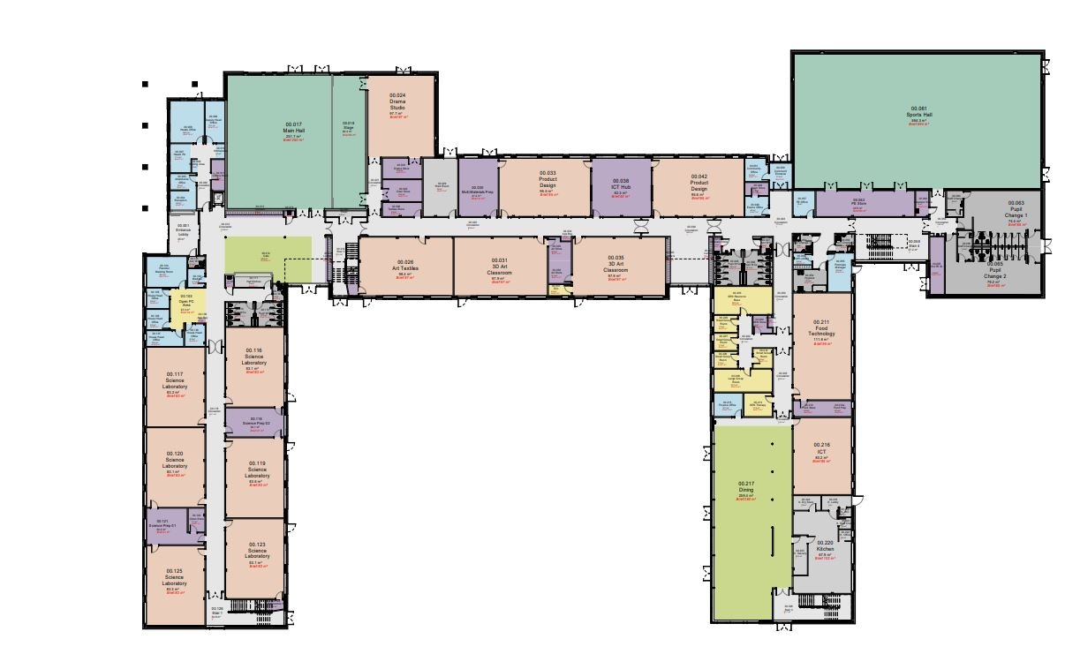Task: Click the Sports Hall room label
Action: tap(919, 115)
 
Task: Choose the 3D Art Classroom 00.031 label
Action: tap(499, 267)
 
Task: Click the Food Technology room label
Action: tap(822, 332)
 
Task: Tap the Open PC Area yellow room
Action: tap(185, 303)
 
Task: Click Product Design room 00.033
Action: tap(548, 182)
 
